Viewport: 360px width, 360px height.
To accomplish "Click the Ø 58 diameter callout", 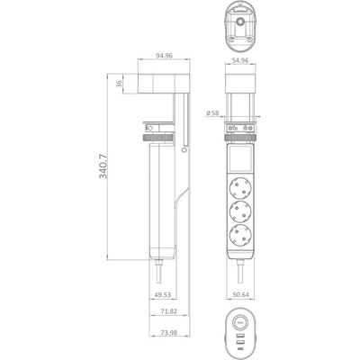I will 211,112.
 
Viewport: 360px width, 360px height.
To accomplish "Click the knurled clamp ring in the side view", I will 157,139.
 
